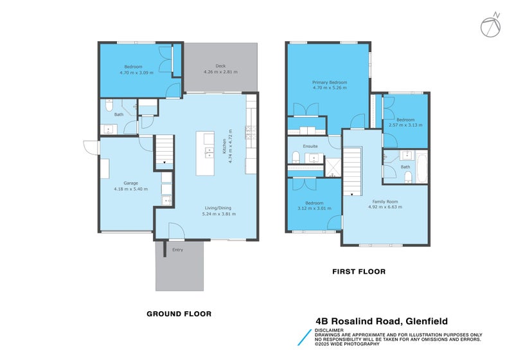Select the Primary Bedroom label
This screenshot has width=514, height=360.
point(329,83)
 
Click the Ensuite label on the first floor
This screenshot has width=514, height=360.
point(311,147)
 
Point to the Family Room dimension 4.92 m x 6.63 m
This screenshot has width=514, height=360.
point(385,207)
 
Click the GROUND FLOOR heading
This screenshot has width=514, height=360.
point(179,314)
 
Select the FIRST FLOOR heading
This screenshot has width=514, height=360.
point(359,271)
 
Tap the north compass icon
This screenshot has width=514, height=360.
point(490,24)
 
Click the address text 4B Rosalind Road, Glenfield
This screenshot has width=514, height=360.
point(381,321)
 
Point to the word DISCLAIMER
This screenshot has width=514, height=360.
point(330,330)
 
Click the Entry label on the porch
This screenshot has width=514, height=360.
point(177,249)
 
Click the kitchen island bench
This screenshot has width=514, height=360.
point(206,153)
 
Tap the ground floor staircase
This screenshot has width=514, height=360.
point(164,152)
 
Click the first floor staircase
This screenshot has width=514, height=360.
point(351,170)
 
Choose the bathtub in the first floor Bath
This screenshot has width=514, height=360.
point(421,166)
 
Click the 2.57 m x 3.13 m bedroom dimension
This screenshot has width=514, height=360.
point(405,125)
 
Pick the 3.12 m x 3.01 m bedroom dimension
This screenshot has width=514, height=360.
point(314,208)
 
